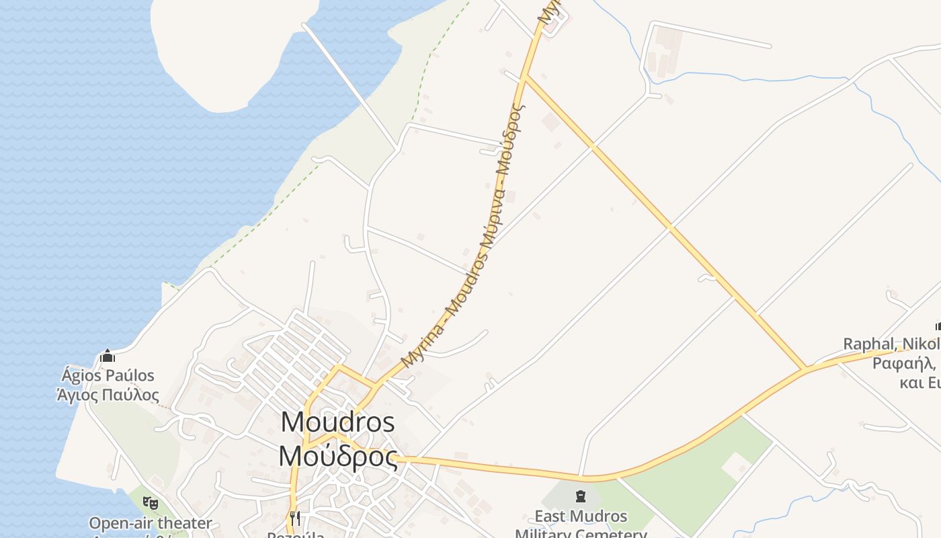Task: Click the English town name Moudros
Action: (x=337, y=422)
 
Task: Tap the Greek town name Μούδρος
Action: (x=337, y=456)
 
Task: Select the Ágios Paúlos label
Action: (x=108, y=375)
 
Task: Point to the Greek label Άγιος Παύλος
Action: (x=108, y=395)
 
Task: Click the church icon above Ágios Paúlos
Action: (x=108, y=356)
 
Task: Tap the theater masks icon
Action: (x=151, y=502)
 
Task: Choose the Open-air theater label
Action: (x=151, y=523)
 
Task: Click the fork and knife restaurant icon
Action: (x=295, y=518)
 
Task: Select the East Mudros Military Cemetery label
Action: (x=581, y=525)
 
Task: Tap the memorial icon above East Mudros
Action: (x=580, y=497)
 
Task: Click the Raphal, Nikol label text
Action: (x=891, y=344)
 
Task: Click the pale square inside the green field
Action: (x=736, y=465)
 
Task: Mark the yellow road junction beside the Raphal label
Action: (x=805, y=369)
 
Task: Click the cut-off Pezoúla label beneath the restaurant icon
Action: (x=295, y=535)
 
